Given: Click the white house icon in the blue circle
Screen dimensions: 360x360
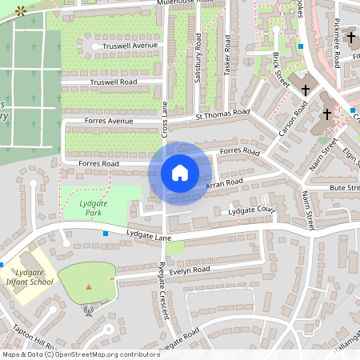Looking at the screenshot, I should (x=180, y=172).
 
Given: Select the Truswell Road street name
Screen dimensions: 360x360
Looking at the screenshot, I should (x=114, y=82).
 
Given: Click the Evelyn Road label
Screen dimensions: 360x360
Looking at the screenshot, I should (x=189, y=270).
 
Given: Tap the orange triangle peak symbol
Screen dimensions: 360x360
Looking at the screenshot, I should (x=88, y=286).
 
